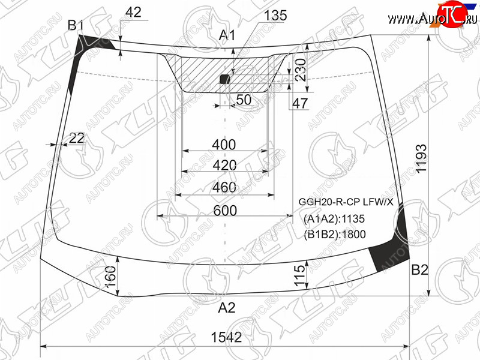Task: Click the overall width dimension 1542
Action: [x=226, y=337]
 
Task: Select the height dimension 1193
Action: [x=421, y=158]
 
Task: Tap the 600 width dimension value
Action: [x=225, y=211]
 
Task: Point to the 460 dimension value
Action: [x=224, y=187]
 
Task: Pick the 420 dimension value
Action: [x=224, y=166]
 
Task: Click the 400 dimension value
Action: [x=224, y=145]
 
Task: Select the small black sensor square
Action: [x=224, y=79]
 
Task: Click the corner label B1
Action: [x=76, y=25]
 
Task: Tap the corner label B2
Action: [x=419, y=269]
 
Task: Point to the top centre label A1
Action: [x=227, y=35]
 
